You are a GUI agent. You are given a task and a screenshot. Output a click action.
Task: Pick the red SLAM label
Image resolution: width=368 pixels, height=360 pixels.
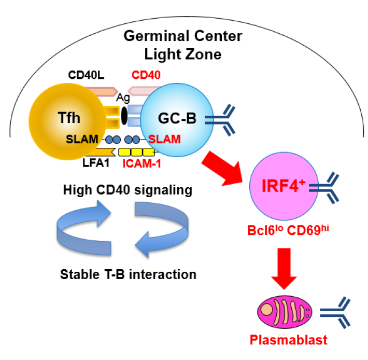[164, 140]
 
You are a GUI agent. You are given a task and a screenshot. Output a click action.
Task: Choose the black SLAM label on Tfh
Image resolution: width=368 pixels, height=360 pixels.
[81, 140]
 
